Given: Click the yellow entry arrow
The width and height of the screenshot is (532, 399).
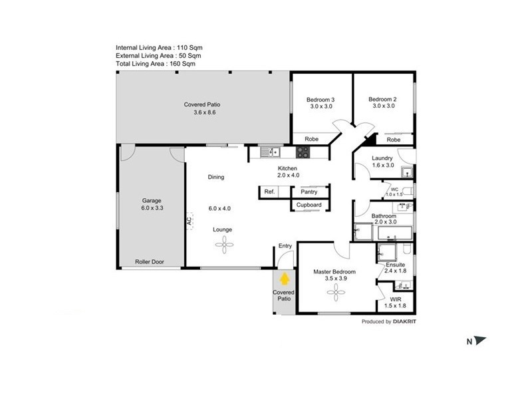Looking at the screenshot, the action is click(285, 279).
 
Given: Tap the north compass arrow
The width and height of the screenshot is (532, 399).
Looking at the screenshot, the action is click(479, 340).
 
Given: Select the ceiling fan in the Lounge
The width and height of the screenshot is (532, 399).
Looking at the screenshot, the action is click(224, 244).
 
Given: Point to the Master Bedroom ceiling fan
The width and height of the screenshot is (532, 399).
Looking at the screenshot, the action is click(336, 292).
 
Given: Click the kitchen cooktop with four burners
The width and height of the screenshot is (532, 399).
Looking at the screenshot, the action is click(303, 152).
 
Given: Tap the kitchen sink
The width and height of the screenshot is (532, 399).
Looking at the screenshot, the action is click(270, 152).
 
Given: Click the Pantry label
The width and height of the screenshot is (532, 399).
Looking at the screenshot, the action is click(309, 192).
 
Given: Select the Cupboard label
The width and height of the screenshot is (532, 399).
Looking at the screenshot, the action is click(309, 205).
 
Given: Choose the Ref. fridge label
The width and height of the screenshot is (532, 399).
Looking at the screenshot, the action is click(269, 192).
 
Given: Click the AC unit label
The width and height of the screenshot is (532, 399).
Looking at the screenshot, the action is click(189, 221).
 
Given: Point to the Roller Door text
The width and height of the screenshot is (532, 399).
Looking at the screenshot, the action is click(149, 261).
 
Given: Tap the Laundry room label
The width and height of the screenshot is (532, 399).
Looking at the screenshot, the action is click(382, 158).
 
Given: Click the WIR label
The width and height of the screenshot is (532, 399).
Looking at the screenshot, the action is click(396, 299).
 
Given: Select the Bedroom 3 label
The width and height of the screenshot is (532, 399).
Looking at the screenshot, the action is click(321, 100).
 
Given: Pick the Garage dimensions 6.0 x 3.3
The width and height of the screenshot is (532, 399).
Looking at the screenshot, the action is click(152, 208).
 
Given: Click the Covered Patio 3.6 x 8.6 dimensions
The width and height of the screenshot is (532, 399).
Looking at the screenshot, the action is click(205, 112).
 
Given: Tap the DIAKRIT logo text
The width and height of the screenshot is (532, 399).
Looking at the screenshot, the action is click(404, 321).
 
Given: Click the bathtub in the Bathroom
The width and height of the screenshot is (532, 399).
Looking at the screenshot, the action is click(395, 233).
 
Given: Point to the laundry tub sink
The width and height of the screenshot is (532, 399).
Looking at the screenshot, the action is click(406, 172).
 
